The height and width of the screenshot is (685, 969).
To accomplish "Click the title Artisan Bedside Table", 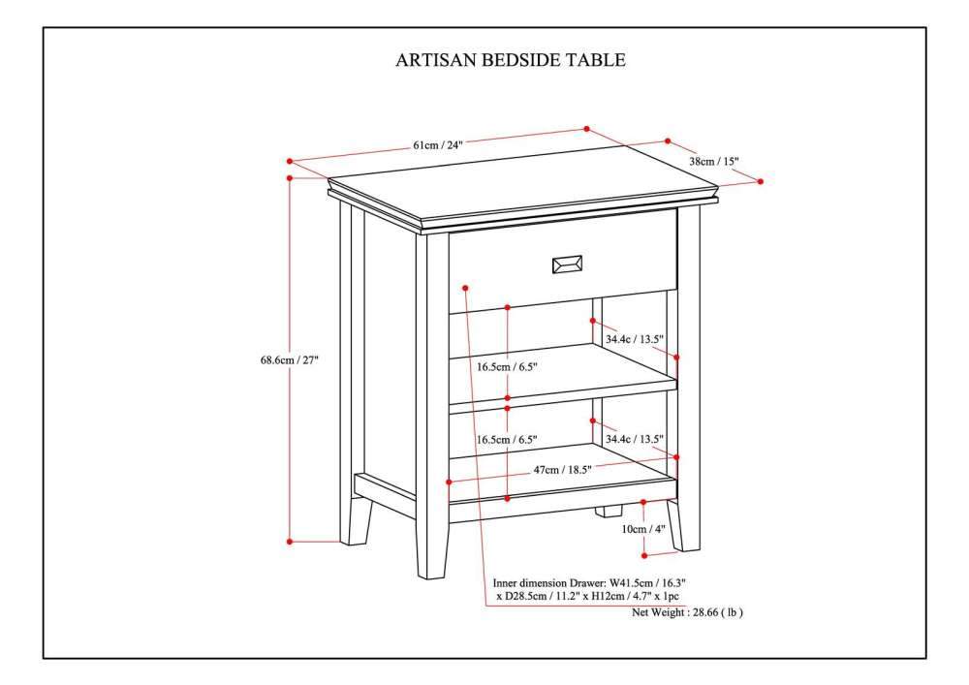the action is [511, 60].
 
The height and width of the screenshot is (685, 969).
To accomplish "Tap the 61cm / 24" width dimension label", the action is [438, 145].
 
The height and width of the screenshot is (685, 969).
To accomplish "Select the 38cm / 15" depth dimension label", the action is [714, 161].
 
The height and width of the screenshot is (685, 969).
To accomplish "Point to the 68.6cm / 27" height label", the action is [289, 360].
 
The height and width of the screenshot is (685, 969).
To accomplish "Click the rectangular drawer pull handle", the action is [567, 265].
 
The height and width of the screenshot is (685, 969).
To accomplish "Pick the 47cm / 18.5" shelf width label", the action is [562, 470].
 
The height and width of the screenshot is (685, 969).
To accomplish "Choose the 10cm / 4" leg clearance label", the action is [642, 529].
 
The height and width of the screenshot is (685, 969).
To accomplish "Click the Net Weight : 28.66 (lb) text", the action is [687, 612].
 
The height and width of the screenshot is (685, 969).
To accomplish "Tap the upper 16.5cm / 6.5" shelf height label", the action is [507, 366].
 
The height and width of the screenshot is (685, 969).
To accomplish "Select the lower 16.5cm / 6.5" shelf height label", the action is [507, 439].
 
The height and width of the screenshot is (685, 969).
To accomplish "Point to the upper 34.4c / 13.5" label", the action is [634, 338].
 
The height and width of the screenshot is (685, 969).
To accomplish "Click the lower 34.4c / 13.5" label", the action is [634, 439].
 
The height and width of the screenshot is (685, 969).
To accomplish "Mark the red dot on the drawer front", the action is [465, 287].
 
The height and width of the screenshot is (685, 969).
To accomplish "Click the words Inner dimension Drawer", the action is [549, 582].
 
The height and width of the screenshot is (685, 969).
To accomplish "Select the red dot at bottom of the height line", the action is [289, 542].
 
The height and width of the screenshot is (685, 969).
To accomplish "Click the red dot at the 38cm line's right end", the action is [760, 181].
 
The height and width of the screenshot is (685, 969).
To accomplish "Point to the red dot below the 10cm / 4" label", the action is [644, 555].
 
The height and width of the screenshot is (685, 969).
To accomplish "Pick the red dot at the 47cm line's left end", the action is [450, 482].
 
